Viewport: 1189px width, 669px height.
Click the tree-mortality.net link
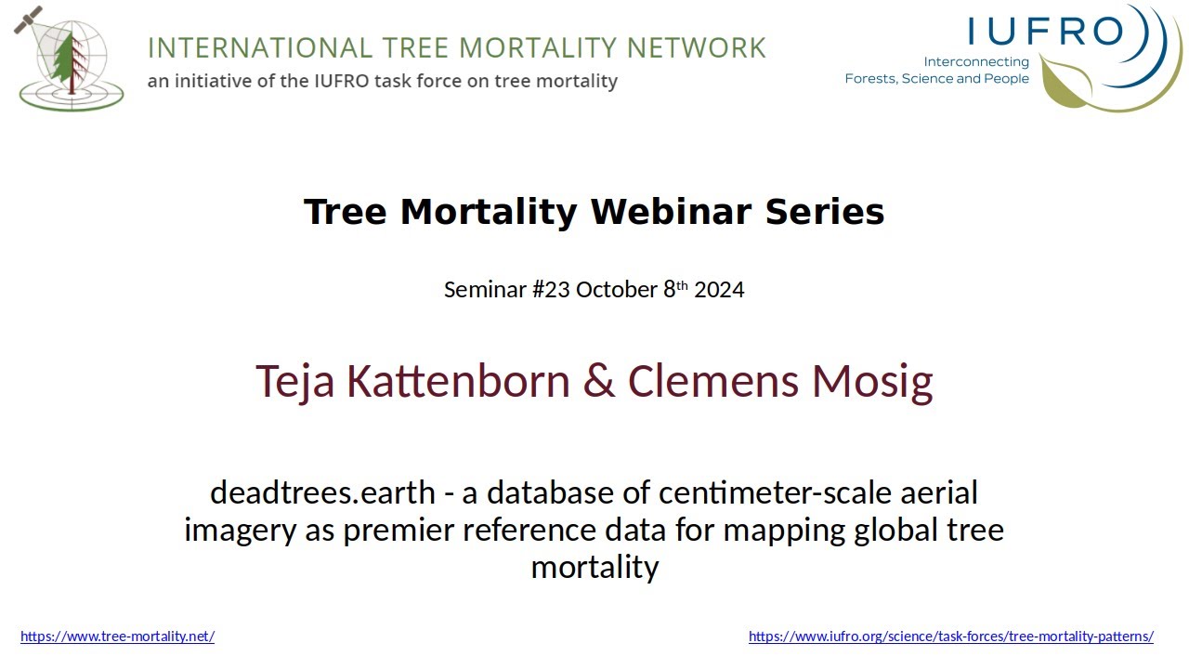click(x=117, y=636)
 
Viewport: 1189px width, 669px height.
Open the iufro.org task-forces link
click(x=950, y=636)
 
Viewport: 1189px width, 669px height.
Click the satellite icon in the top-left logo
click(x=28, y=20)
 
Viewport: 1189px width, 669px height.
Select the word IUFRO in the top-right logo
click(x=1046, y=31)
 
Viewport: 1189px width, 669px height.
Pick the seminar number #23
click(x=551, y=290)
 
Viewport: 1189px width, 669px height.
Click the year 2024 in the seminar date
click(x=719, y=290)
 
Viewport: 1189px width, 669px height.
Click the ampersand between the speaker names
click(x=598, y=382)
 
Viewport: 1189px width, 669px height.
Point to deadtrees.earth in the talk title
click(x=322, y=492)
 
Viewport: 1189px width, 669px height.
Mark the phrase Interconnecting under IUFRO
click(x=976, y=62)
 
